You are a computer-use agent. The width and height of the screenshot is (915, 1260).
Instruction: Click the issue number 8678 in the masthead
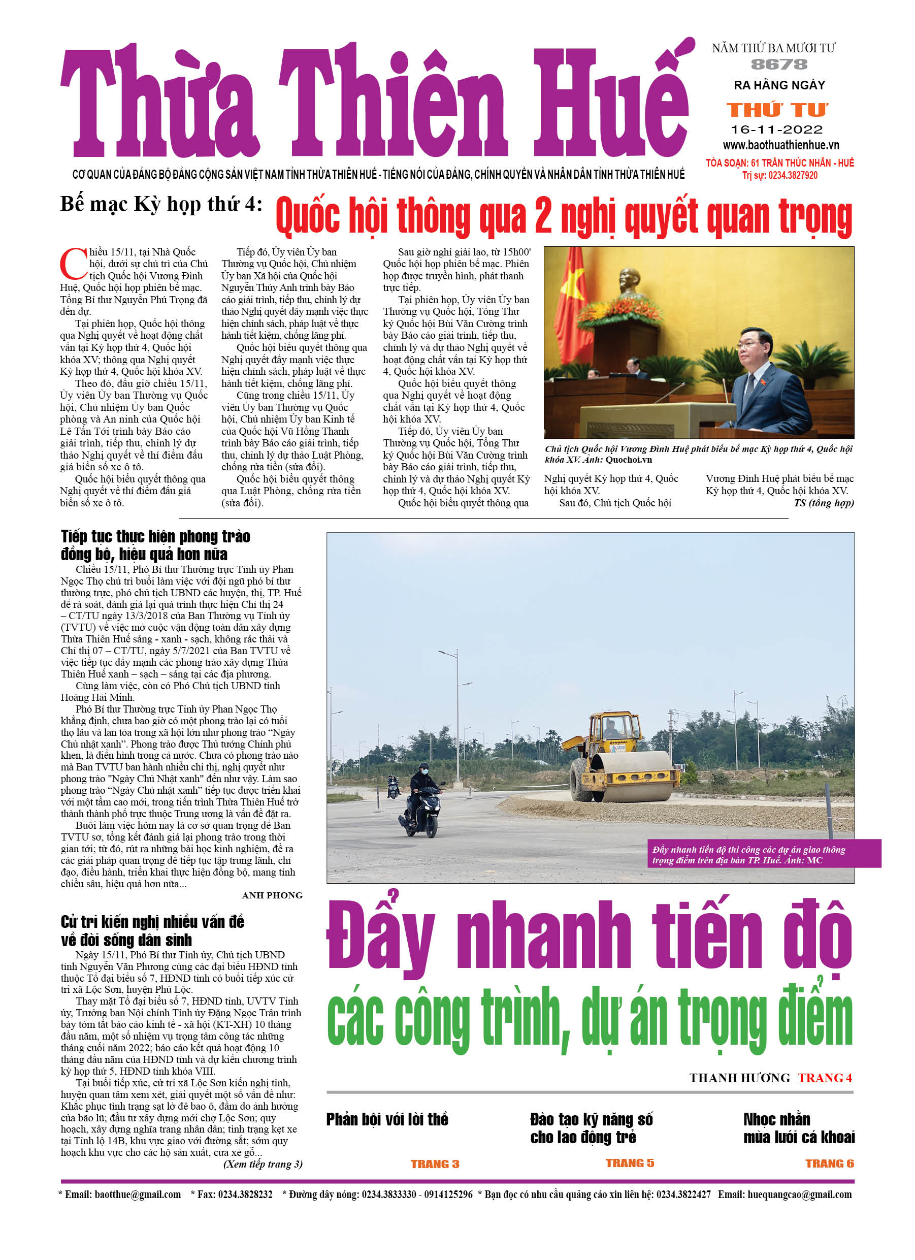point(779,64)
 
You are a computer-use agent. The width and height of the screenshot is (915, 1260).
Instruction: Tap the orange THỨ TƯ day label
point(778,110)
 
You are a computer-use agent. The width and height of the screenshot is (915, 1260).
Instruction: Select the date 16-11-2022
point(777,130)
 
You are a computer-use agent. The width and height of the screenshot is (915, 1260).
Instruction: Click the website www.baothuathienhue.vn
point(780,146)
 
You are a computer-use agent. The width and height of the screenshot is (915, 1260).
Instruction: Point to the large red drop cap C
point(73,265)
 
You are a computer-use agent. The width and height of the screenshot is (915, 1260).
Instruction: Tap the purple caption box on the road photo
point(763,854)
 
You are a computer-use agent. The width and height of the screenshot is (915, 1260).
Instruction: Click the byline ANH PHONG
point(272,895)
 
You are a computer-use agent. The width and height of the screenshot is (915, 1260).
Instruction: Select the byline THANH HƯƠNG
point(739,1078)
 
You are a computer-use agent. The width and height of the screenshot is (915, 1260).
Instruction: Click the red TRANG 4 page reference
point(825,1078)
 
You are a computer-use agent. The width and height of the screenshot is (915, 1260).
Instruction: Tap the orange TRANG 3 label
point(435,1164)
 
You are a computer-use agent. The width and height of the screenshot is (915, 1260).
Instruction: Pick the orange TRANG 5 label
point(630,1163)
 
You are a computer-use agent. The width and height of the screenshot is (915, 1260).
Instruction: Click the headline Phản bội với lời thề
point(387,1119)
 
